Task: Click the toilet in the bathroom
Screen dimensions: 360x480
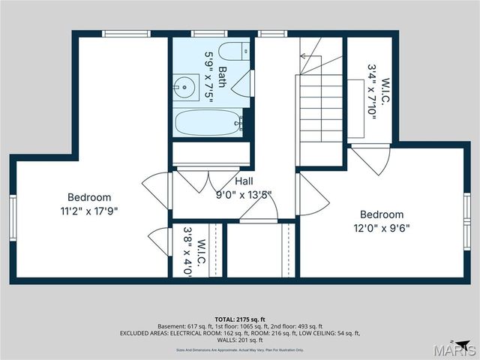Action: point(233,52)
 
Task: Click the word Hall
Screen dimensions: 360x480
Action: point(244,181)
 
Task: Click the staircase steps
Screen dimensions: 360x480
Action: point(321,105)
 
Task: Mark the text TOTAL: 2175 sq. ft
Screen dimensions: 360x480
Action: point(240,319)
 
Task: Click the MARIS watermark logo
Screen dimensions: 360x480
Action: point(457,349)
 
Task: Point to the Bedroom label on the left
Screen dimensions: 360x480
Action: point(89,197)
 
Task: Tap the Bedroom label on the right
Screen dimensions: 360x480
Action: point(382,214)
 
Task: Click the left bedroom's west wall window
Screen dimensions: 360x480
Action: point(12,217)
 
